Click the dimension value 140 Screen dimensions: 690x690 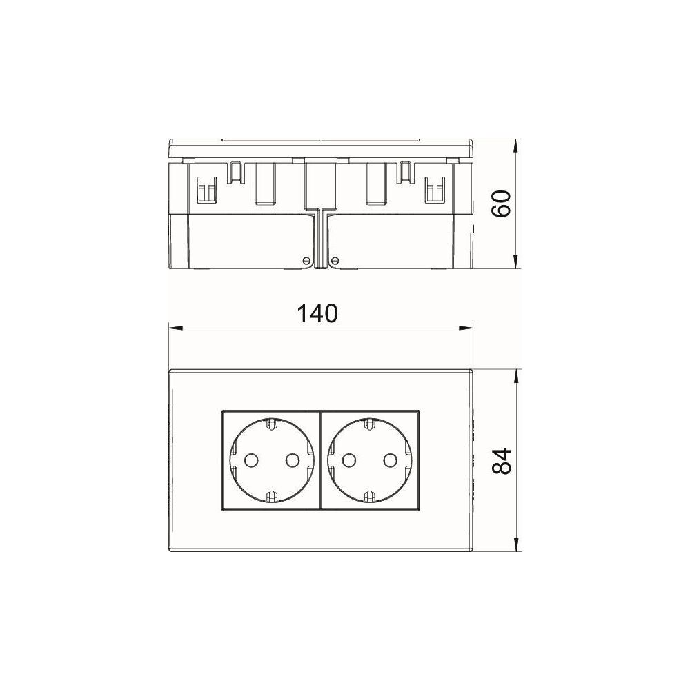[x=317, y=313]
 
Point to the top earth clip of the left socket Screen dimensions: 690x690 [x=271, y=424]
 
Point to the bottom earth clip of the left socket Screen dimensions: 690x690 [x=271, y=497]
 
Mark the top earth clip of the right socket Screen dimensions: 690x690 [x=370, y=424]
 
